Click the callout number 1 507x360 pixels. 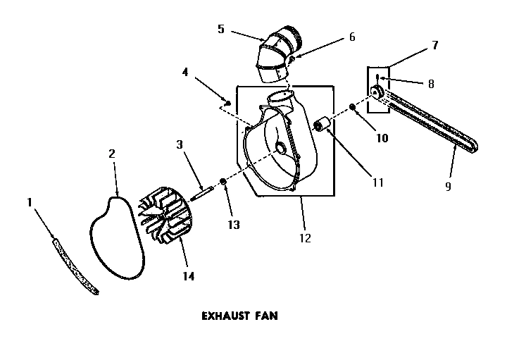click(x=30, y=202)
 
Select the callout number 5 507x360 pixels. click(x=221, y=29)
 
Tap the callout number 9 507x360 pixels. click(x=448, y=187)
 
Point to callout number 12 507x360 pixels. click(x=304, y=238)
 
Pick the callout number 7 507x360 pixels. click(x=434, y=45)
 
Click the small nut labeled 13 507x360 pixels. click(x=223, y=183)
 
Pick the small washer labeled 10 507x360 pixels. click(x=352, y=108)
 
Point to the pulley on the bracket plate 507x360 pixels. click(x=377, y=92)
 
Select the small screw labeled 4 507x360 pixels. click(x=227, y=102)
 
